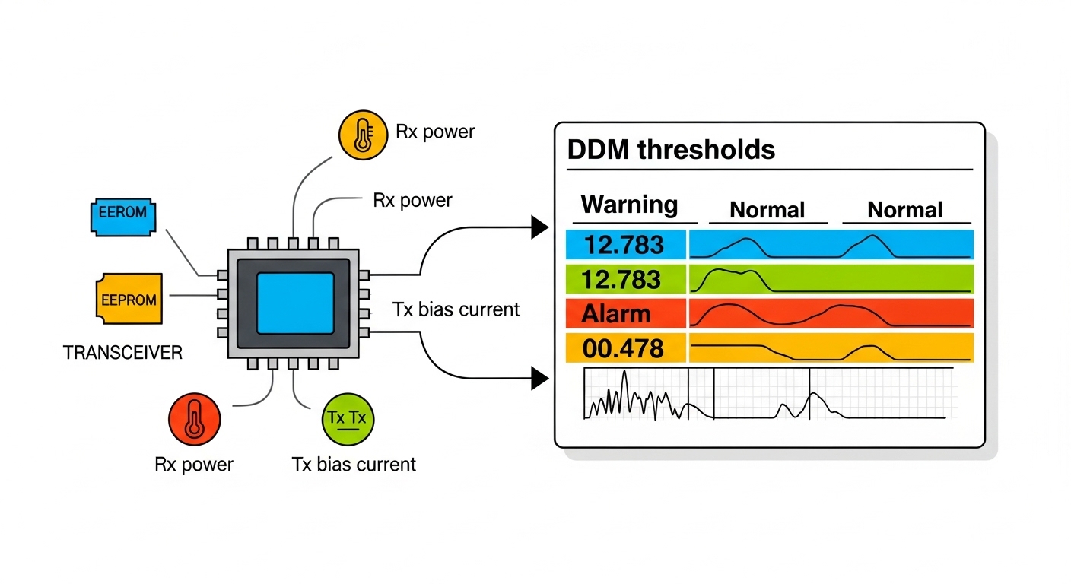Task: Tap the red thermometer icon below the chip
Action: [194, 418]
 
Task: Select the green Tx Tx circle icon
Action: [349, 419]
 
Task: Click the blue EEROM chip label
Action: [122, 212]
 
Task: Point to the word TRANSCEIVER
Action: [122, 353]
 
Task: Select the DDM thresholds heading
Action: [671, 150]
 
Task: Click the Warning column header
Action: [629, 205]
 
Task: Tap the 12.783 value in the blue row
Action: [624, 245]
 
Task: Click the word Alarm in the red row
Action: [616, 313]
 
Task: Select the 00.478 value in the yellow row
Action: [624, 348]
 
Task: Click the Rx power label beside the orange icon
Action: [435, 132]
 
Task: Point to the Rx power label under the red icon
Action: [194, 464]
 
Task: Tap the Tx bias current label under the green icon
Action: [354, 464]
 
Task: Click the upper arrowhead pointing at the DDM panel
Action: [539, 226]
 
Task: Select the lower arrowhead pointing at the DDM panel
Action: [539, 378]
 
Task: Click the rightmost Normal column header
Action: [905, 209]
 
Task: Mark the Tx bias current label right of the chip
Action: [456, 309]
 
